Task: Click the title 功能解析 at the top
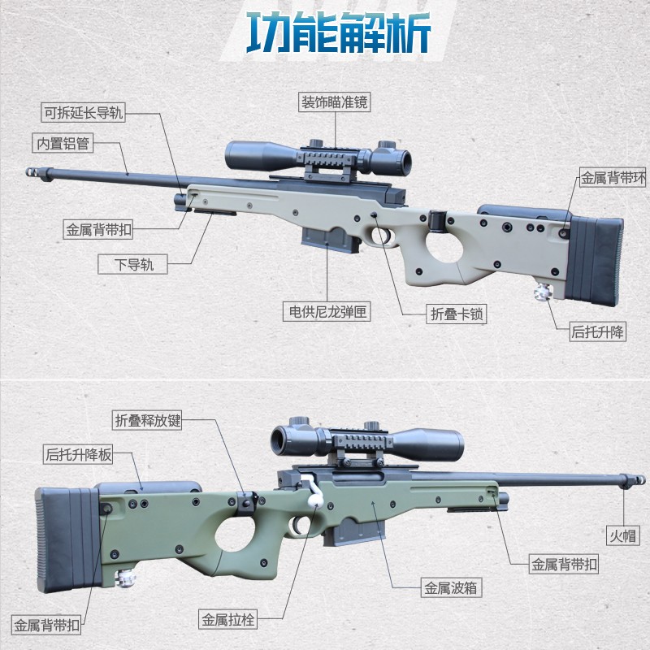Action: (x=338, y=35)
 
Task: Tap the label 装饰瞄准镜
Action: (x=336, y=102)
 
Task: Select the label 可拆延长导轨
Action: (x=84, y=113)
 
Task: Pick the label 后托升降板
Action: (x=78, y=455)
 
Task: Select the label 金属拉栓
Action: (x=228, y=621)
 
